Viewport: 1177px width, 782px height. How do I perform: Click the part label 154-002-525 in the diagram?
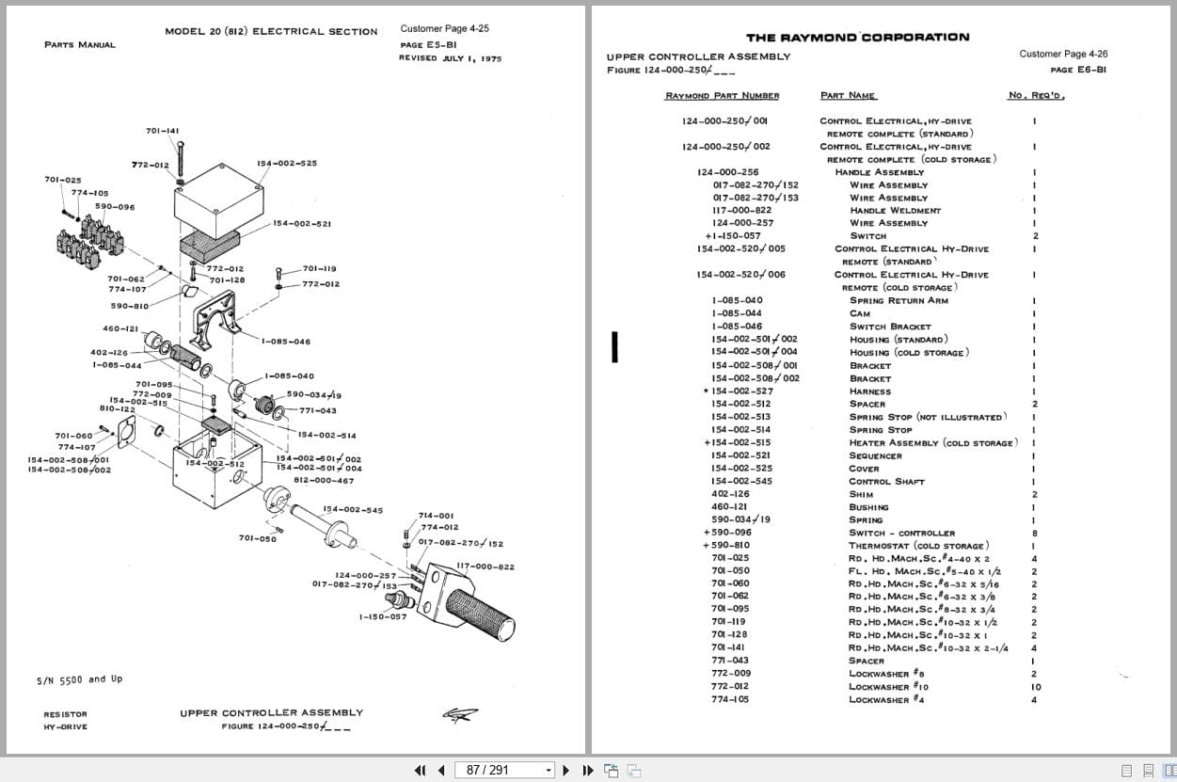pos(287,164)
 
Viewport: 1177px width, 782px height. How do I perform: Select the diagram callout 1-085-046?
pos(286,342)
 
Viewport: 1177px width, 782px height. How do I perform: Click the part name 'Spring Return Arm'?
pos(899,301)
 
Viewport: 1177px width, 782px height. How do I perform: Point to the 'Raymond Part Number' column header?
pos(722,96)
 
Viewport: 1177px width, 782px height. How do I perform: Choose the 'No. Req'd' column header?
pos(1036,96)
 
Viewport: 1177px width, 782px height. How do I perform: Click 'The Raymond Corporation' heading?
pos(857,38)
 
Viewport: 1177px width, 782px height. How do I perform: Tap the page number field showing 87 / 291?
pos(503,770)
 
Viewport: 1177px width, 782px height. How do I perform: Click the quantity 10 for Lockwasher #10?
pos(1036,687)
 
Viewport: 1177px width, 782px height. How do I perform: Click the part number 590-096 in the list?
pos(731,533)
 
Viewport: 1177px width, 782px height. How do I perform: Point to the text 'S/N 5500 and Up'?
pos(79,679)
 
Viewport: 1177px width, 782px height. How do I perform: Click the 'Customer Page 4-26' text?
pos(1063,55)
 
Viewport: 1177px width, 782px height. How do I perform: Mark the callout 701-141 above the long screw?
pos(163,131)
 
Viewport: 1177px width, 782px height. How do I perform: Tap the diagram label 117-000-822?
pos(485,567)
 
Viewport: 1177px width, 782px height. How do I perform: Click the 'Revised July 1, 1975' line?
pos(450,58)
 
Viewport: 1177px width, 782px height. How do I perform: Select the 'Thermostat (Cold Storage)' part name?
pos(918,546)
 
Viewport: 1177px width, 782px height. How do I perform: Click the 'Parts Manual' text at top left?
pos(80,45)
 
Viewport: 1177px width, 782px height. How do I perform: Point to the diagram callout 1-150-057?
pos(383,617)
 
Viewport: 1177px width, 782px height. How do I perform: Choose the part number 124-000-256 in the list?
pos(727,172)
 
